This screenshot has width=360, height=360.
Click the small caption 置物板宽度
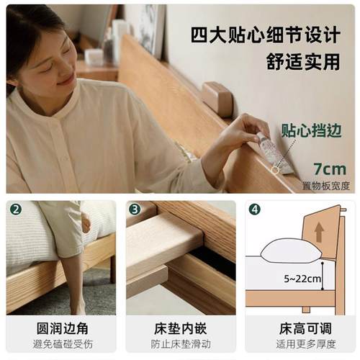click(326, 186)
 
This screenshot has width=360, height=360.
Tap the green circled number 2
click(16, 210)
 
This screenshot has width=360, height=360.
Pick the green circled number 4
click(254, 210)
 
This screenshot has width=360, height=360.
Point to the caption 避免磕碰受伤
click(61, 345)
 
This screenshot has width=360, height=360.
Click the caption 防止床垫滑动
click(181, 345)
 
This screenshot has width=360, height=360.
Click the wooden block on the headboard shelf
click(217, 98)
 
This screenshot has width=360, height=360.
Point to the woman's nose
click(70, 67)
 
